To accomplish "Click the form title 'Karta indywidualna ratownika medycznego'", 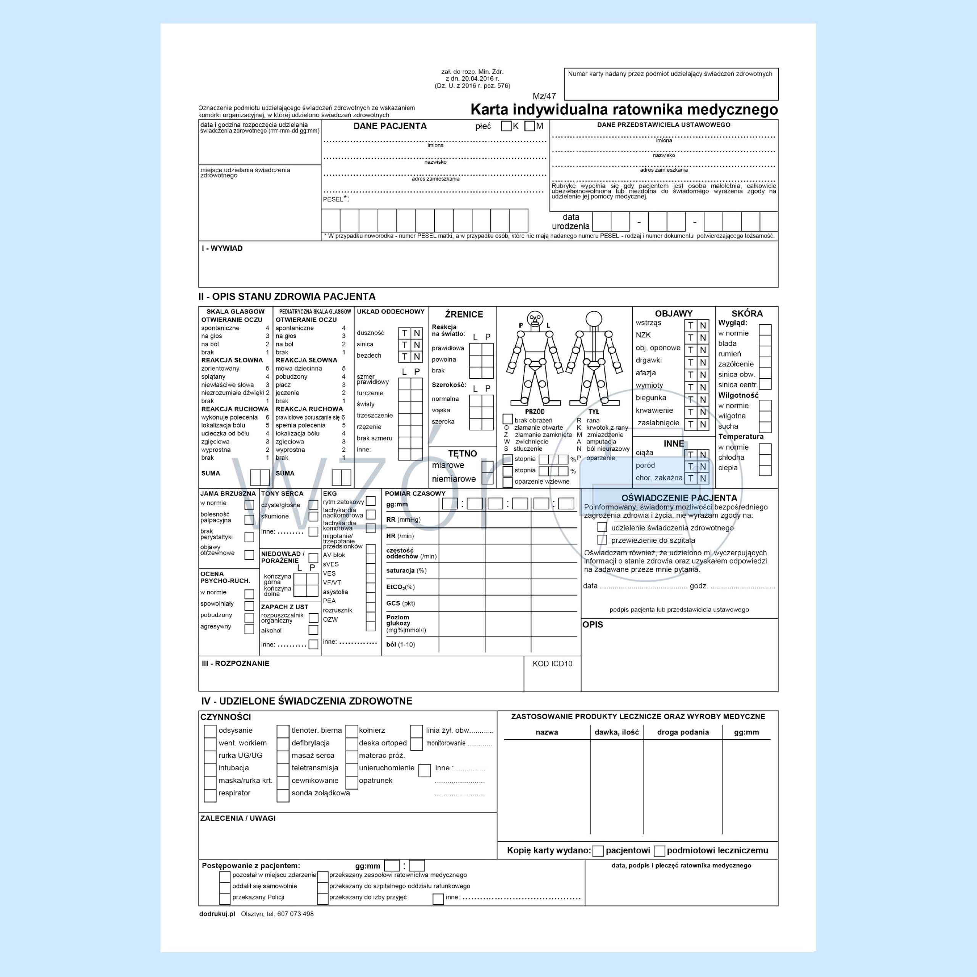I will (624, 110).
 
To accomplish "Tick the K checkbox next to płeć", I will (506, 126).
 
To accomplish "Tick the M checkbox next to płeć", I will (529, 126).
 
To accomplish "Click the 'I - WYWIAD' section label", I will (222, 248).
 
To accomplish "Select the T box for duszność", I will (405, 333).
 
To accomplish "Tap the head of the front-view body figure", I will (535, 319).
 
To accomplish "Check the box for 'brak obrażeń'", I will (508, 419).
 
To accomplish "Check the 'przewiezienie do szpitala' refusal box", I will (602, 540).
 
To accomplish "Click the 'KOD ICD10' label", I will (552, 663).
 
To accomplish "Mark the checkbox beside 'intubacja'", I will (210, 767).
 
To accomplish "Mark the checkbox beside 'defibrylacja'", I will (283, 743).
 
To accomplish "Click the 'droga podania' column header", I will (683, 732).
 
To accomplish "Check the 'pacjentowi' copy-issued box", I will (598, 851).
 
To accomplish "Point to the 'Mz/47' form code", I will (544, 96).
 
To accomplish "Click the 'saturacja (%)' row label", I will (406, 571).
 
